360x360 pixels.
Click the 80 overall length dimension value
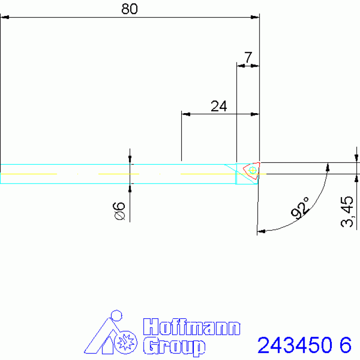pyautogui.click(x=130, y=9)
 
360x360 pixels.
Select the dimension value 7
pyautogui.click(x=248, y=58)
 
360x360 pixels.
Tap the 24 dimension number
pyautogui.click(x=218, y=106)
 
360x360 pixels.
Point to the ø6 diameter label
pyautogui.click(x=119, y=211)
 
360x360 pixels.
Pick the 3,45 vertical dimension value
pyautogui.click(x=348, y=212)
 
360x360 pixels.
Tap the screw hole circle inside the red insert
pyautogui.click(x=253, y=169)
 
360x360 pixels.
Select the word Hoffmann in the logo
pyautogui.click(x=191, y=327)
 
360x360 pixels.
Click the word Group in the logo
pyautogui.click(x=174, y=346)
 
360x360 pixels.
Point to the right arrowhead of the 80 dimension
pyautogui.click(x=255, y=17)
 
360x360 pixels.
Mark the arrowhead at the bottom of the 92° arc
pyautogui.click(x=261, y=231)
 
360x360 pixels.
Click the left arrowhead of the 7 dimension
pyautogui.click(x=240, y=66)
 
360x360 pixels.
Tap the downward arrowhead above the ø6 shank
pyautogui.click(x=130, y=160)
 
